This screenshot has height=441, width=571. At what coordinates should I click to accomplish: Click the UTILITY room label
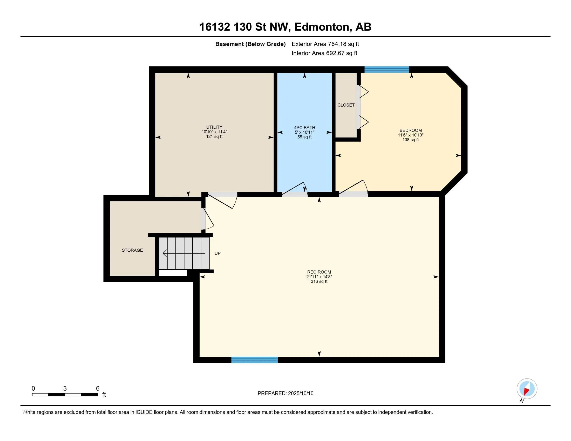click(x=214, y=127)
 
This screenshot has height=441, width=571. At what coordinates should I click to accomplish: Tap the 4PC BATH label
click(x=305, y=128)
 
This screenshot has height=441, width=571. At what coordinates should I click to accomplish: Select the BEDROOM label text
click(x=411, y=130)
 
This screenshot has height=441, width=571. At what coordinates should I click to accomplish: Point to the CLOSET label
click(x=346, y=105)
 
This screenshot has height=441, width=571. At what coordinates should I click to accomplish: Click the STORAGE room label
click(x=132, y=250)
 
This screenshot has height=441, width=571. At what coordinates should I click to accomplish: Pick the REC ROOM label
click(x=319, y=272)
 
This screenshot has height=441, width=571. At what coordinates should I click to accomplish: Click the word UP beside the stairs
click(x=217, y=253)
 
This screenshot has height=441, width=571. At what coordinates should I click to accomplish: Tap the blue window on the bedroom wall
click(x=387, y=70)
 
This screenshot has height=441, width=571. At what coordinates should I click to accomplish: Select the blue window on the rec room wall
click(x=254, y=360)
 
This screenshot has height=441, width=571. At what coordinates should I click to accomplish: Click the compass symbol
click(x=527, y=389)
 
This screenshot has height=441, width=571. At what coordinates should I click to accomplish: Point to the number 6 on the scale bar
click(x=98, y=389)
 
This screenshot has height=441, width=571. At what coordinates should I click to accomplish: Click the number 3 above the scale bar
click(x=65, y=389)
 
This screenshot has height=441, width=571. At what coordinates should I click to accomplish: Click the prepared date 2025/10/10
click(x=301, y=394)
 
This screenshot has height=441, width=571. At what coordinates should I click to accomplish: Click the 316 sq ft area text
click(x=319, y=281)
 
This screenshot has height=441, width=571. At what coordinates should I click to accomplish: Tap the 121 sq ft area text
click(x=214, y=136)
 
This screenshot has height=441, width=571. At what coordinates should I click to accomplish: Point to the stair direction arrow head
click(x=165, y=253)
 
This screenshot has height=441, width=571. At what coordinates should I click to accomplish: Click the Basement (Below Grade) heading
click(x=250, y=44)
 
